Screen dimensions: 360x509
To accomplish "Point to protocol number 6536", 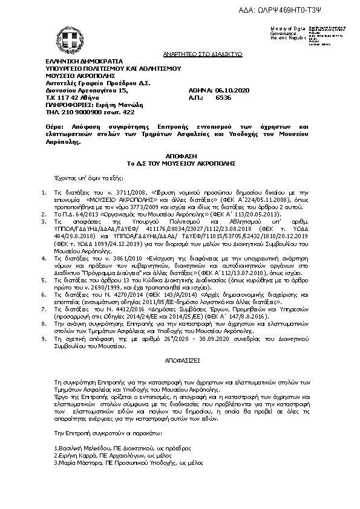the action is (x=223, y=97).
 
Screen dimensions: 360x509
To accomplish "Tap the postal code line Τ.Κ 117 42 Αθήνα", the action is (x=73, y=97).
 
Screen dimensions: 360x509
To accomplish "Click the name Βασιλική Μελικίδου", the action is (x=80, y=447).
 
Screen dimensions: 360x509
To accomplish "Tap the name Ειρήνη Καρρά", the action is (x=73, y=455).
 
